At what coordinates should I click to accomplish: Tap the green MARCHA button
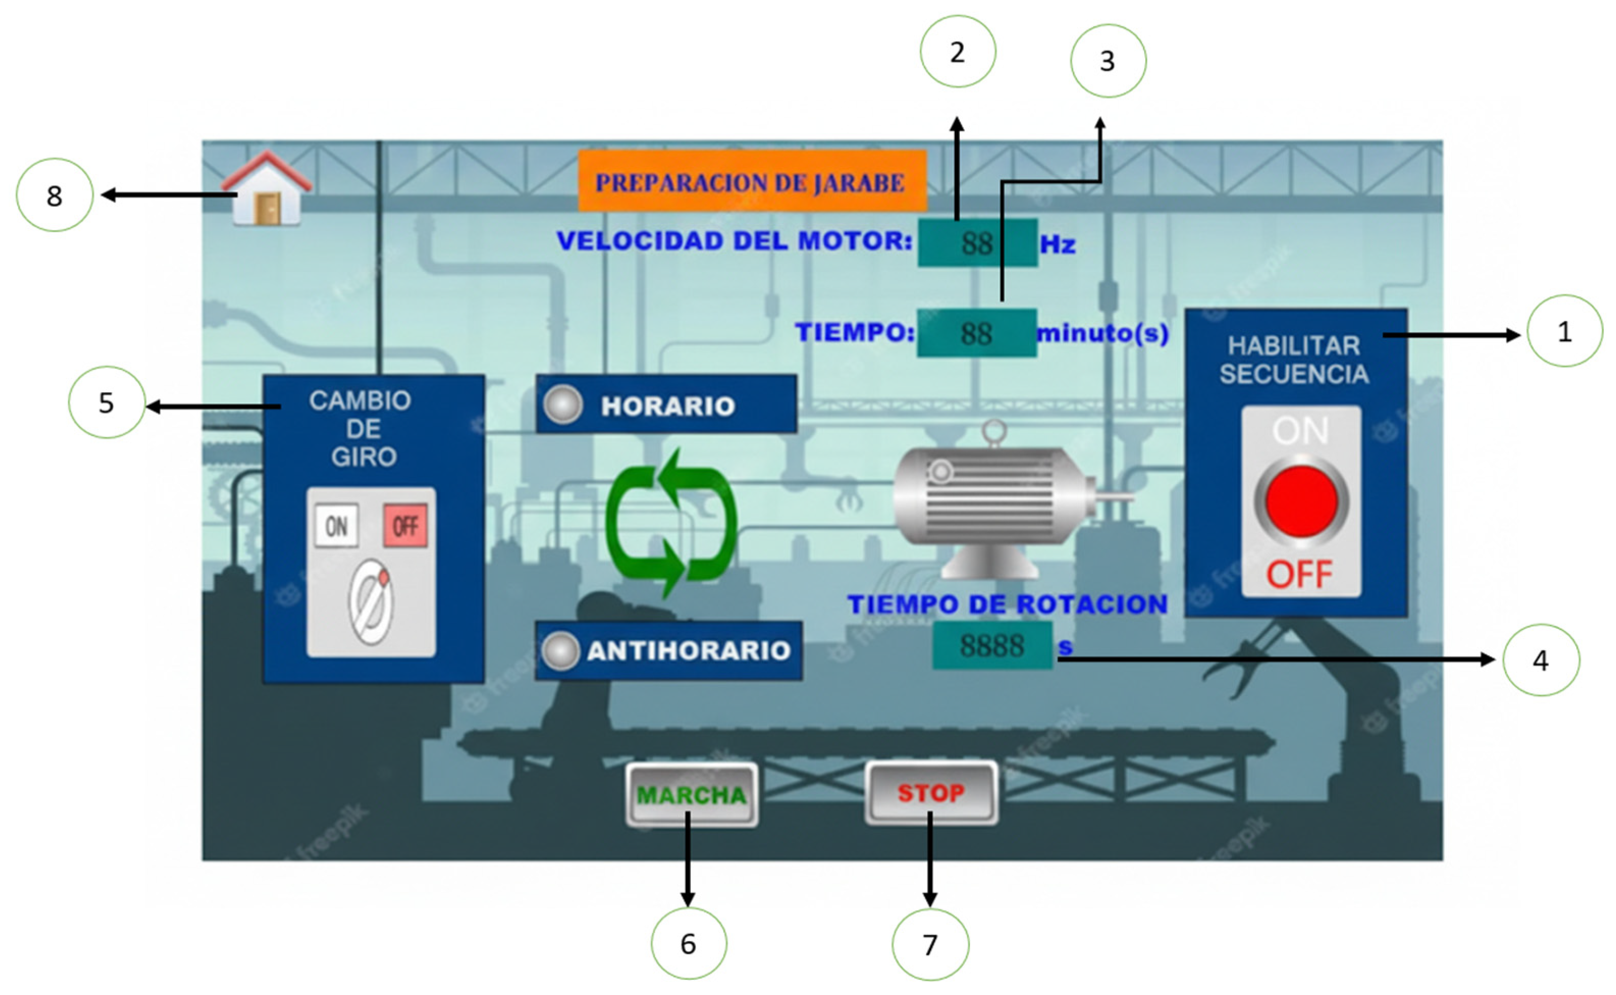(x=691, y=795)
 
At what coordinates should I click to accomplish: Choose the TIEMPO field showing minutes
(x=976, y=333)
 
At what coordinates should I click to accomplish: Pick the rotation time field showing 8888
(x=991, y=646)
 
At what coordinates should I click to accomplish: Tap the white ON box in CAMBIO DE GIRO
(x=336, y=526)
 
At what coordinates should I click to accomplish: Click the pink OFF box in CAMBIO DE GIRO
(x=406, y=526)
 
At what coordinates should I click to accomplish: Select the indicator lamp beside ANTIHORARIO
(x=560, y=651)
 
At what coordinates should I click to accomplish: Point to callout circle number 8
(x=55, y=195)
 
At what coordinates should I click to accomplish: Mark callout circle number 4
(x=1540, y=660)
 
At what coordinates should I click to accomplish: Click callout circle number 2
(x=957, y=52)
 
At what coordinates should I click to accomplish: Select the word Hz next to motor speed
(x=1058, y=245)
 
